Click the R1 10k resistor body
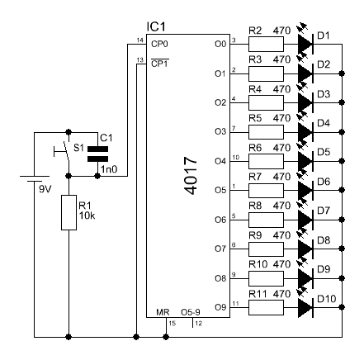tap(67, 216)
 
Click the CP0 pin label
tap(158, 43)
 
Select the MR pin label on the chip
tap(163, 314)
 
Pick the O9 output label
tap(219, 308)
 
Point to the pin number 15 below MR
tap(171, 324)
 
